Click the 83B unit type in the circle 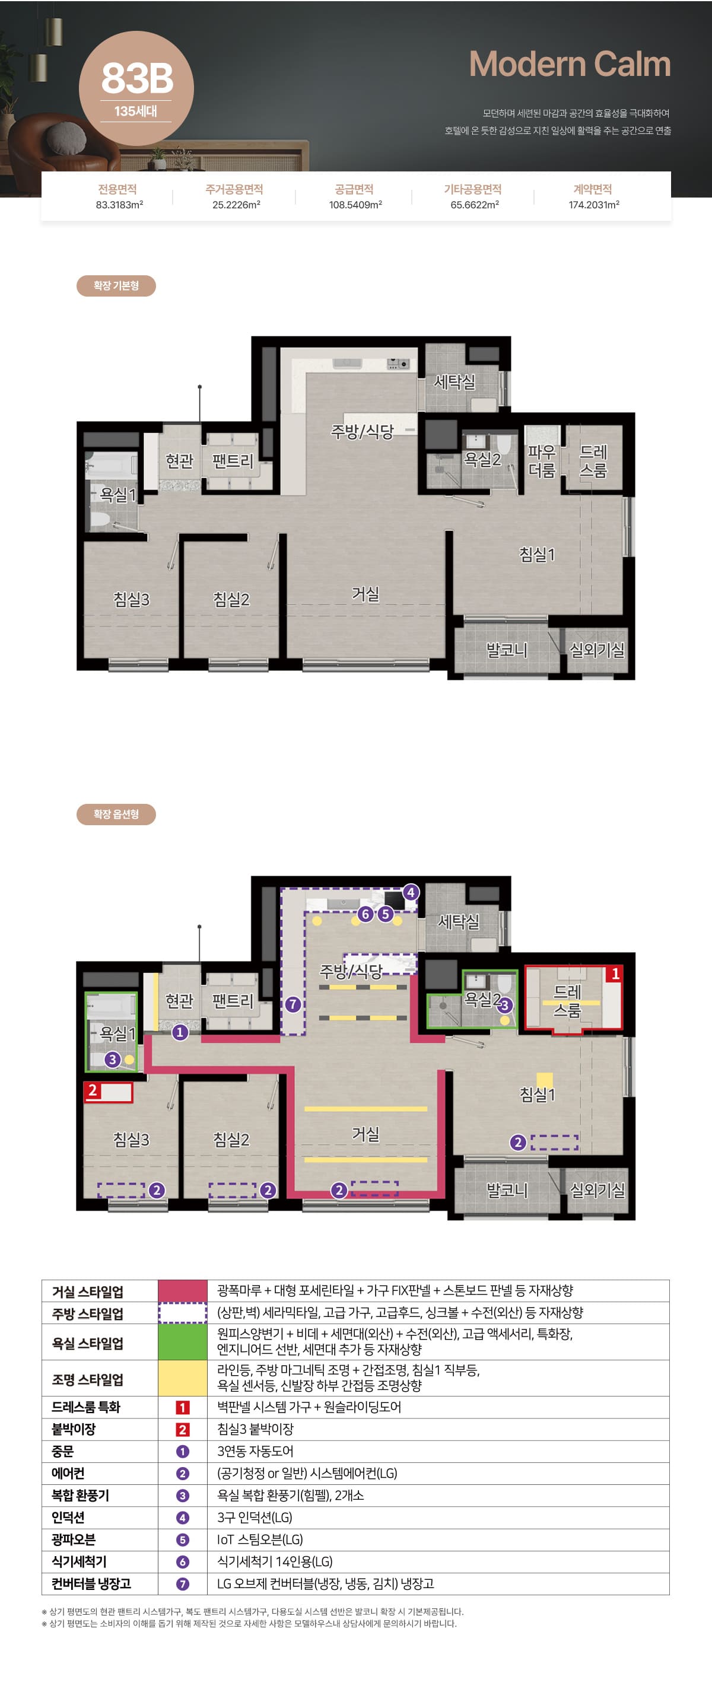point(137,78)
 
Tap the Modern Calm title point(570,64)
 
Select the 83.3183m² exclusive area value point(119,205)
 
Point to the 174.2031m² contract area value point(593,205)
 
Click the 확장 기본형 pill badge point(116,286)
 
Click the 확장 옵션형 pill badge point(116,814)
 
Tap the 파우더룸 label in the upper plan point(542,462)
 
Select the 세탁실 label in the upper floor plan point(454,382)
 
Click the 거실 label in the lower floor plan point(365,1134)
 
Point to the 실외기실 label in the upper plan point(597,650)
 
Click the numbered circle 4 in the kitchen point(410,892)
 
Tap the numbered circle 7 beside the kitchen point(293,1004)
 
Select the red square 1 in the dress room point(615,974)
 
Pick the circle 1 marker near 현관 point(180,1032)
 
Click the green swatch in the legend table point(183,1341)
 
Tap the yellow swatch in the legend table point(183,1378)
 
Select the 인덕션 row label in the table point(68,1517)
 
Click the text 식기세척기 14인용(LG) point(275,1561)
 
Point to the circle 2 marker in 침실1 point(518,1142)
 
